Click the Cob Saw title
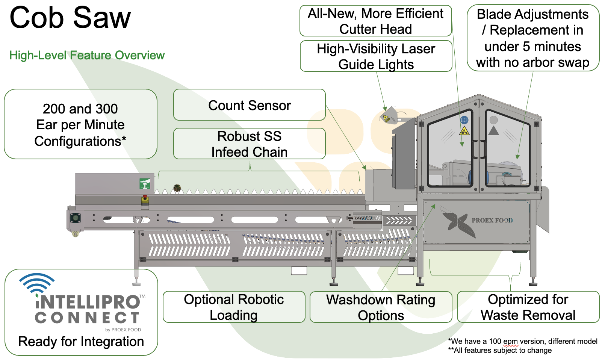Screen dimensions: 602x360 click(x=70, y=18)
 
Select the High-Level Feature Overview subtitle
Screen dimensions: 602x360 click(x=87, y=55)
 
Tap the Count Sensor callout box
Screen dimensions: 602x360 click(x=250, y=105)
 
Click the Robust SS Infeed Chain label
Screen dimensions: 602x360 click(x=250, y=144)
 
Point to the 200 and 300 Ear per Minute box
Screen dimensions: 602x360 click(x=80, y=124)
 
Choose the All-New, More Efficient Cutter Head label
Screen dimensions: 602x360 click(x=375, y=21)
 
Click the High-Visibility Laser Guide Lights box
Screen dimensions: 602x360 click(x=376, y=56)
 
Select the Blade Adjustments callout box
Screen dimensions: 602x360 click(x=533, y=38)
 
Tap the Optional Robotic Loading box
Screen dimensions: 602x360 click(x=234, y=307)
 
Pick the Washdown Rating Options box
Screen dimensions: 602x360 click(x=381, y=307)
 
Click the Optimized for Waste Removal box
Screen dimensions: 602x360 click(x=528, y=307)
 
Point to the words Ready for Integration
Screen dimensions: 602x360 click(x=81, y=342)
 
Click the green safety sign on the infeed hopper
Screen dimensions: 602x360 click(x=145, y=184)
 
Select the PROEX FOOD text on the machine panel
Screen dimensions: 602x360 click(x=492, y=220)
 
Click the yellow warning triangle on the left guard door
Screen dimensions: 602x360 click(x=464, y=131)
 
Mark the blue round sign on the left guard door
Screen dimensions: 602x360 click(x=464, y=120)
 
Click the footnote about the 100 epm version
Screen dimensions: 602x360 click(x=523, y=341)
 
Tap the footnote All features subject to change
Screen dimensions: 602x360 click(x=500, y=350)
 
